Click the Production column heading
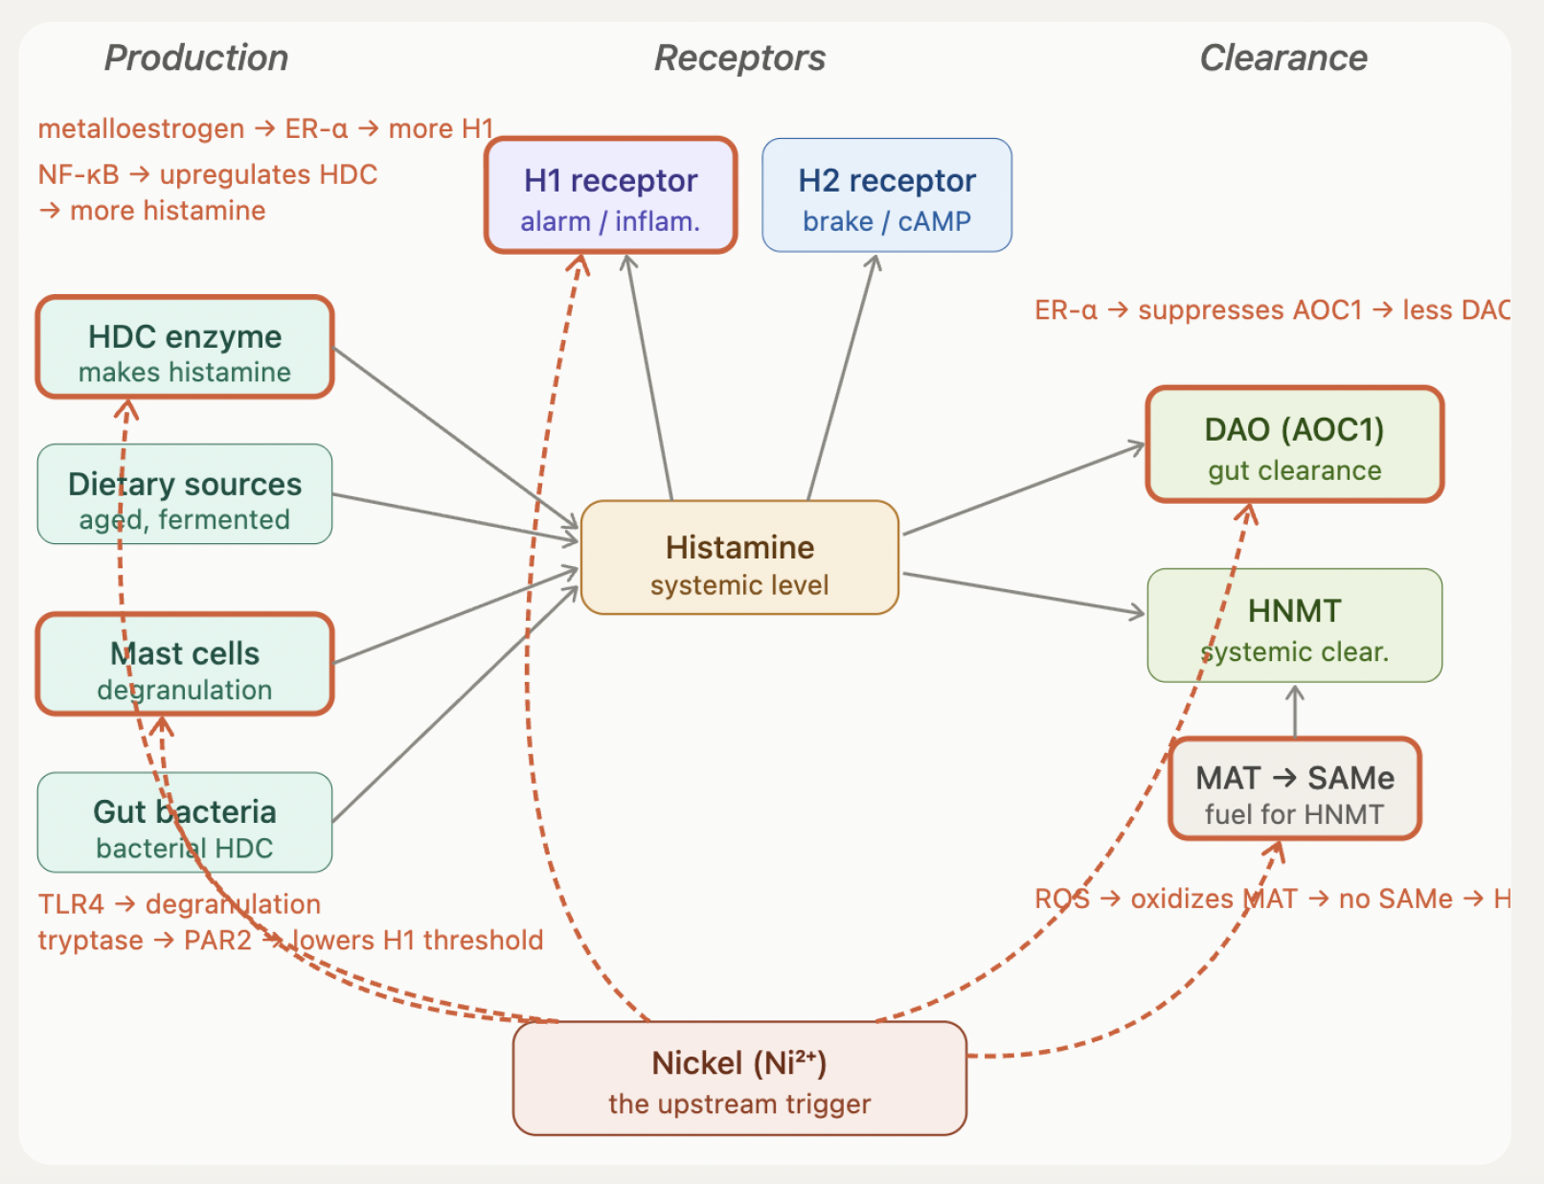tap(196, 57)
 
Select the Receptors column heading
tap(739, 57)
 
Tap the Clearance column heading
tap(1283, 57)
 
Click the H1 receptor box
tap(611, 196)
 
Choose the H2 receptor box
tap(887, 196)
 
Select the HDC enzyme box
tap(185, 348)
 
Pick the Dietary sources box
tap(185, 495)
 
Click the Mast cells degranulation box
tap(185, 666)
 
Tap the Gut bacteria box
tap(185, 824)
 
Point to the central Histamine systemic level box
tap(739, 558)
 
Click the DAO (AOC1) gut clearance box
tap(1294, 445)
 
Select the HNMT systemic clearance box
tap(1294, 626)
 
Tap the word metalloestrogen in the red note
tap(141, 128)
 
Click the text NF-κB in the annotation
tap(79, 174)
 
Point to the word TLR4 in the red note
tap(71, 904)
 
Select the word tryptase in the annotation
tap(90, 941)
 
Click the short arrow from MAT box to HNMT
tap(1295, 711)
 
